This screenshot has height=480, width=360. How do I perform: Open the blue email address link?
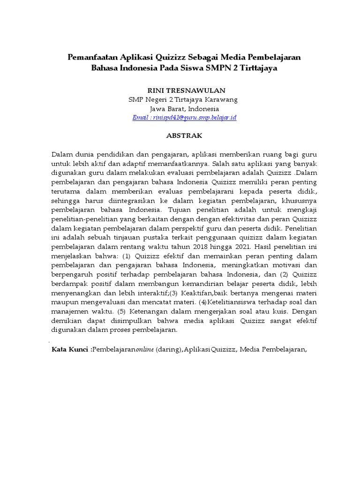coord(184,118)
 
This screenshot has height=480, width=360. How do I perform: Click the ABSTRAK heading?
coord(184,135)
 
